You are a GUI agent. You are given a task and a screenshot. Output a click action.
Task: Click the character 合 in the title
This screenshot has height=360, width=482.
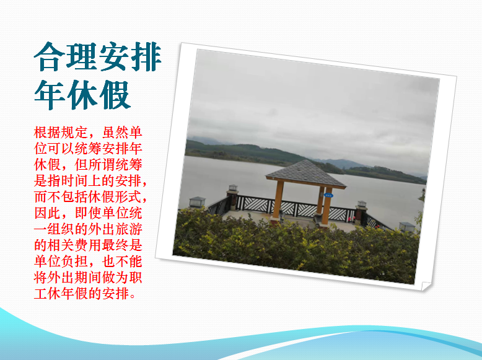click(50, 57)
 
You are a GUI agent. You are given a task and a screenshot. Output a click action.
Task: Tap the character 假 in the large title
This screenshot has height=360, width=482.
click(115, 95)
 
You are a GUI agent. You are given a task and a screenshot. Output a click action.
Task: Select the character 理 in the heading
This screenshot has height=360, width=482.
click(82, 57)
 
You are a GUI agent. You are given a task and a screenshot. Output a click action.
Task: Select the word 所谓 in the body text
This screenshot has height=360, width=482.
click(102, 165)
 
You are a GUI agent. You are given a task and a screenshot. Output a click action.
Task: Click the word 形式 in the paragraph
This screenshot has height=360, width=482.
click(128, 197)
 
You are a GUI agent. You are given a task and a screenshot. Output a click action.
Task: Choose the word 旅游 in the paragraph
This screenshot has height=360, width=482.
click(128, 229)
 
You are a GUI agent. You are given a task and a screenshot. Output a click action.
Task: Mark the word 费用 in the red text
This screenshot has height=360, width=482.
click(88, 245)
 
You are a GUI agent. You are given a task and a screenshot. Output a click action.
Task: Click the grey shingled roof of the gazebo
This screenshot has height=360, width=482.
click(305, 173)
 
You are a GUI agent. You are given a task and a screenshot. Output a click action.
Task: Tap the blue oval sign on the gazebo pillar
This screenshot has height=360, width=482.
click(328, 195)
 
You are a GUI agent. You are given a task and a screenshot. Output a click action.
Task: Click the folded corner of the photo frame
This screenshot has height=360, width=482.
click(426, 286)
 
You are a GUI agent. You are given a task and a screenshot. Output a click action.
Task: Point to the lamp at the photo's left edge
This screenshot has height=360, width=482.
click(197, 202)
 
